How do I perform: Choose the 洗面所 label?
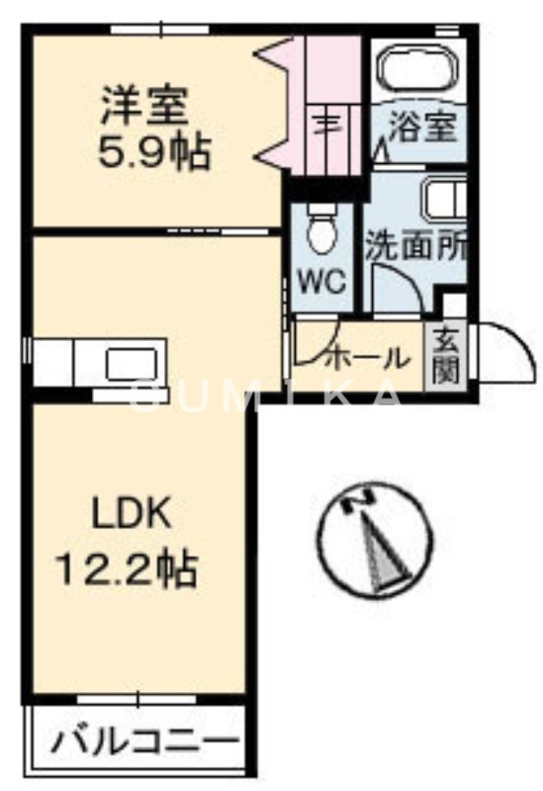point(415,245)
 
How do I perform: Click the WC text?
point(322,281)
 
